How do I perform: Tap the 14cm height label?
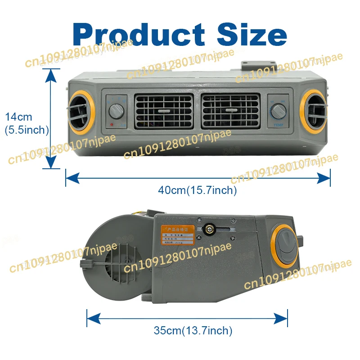18,117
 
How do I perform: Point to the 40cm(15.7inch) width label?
197,190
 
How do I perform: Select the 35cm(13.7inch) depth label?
193,331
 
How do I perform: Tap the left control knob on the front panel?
116,110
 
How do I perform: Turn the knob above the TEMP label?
278,110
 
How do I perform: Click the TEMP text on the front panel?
278,125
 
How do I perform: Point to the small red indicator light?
111,125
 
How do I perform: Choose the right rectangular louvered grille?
230,110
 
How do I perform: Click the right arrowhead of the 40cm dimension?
326,178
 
